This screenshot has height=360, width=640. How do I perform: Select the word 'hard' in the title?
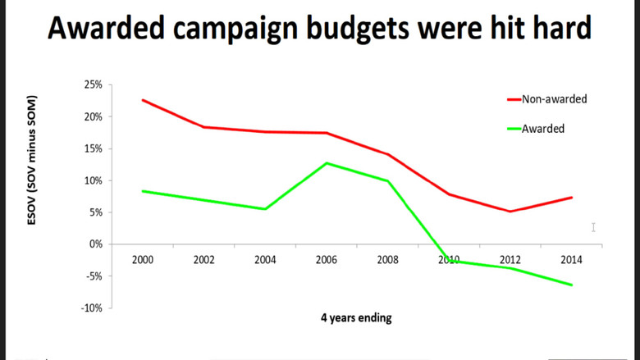(x=557, y=30)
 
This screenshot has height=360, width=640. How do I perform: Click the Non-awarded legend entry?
(x=554, y=99)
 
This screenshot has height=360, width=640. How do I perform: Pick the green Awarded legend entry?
(x=542, y=129)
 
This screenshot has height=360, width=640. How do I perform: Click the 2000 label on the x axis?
(x=144, y=259)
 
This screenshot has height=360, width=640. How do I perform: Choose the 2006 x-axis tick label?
(x=327, y=259)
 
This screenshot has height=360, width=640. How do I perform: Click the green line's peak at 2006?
(x=327, y=162)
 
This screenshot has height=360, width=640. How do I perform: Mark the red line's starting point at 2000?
(x=144, y=100)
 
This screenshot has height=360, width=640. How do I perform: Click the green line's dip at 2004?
(x=265, y=209)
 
